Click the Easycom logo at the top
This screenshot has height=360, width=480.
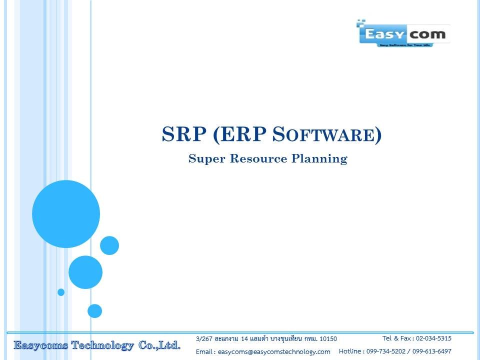click(x=403, y=33)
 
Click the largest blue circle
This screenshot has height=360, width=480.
click(x=66, y=214)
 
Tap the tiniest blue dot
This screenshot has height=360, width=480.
click(x=61, y=292)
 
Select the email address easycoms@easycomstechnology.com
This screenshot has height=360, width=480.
click(x=274, y=352)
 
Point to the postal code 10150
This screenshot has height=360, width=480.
click(x=328, y=339)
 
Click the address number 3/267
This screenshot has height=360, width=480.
click(x=204, y=339)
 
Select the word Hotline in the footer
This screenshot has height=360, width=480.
click(x=350, y=351)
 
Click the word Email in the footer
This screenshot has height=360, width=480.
click(x=204, y=352)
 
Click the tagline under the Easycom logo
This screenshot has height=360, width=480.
click(x=405, y=45)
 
